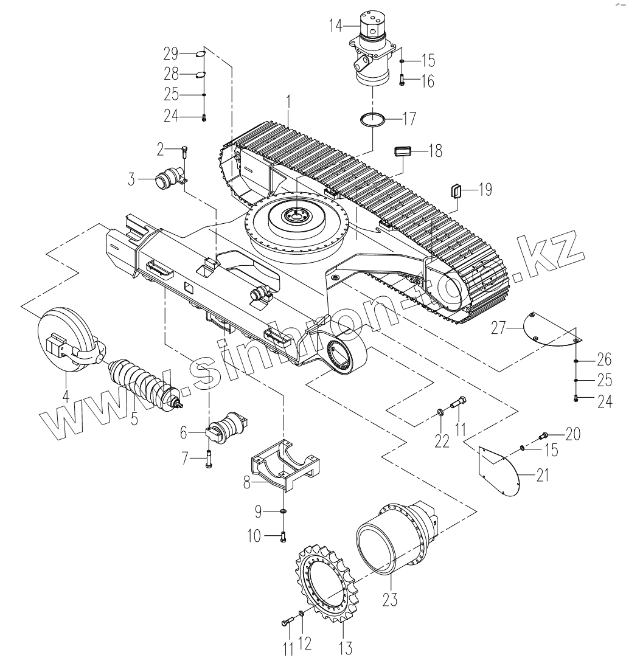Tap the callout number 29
[171, 55]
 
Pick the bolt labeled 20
[544, 435]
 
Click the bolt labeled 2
[185, 149]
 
